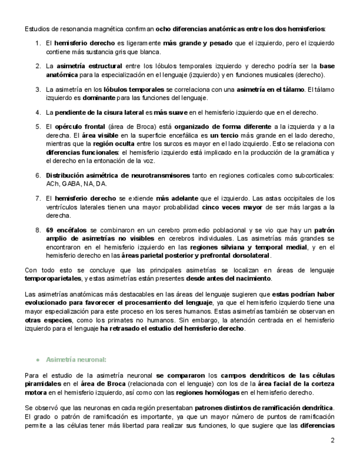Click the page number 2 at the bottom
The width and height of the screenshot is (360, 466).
click(x=332, y=440)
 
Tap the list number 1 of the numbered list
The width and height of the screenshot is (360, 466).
click(x=37, y=43)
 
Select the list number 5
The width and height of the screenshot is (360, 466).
click(x=37, y=126)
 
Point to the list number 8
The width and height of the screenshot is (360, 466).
click(x=37, y=230)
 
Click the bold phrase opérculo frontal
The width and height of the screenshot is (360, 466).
click(x=75, y=126)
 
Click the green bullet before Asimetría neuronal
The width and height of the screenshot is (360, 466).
click(x=37, y=359)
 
